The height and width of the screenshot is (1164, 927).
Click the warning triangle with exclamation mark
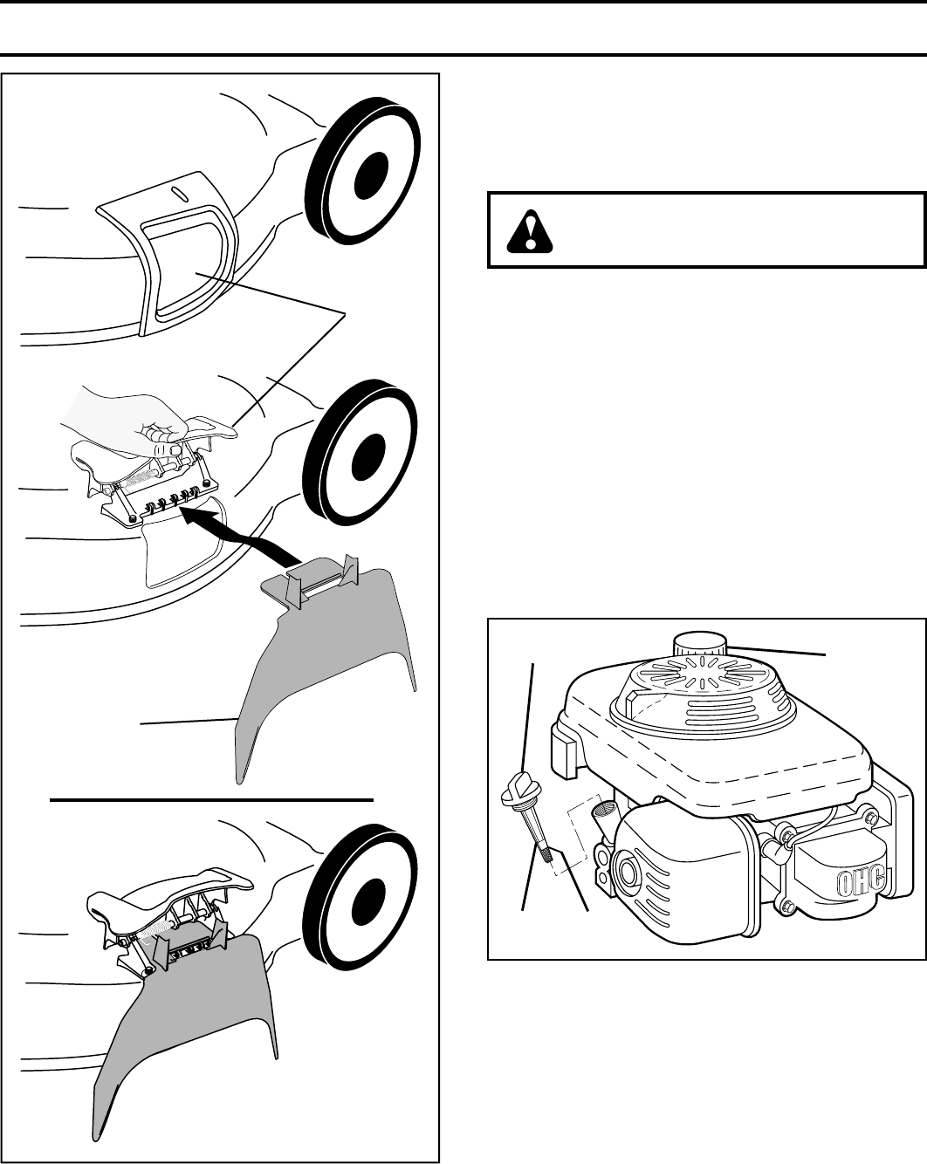(527, 232)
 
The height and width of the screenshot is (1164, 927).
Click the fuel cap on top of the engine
(700, 648)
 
